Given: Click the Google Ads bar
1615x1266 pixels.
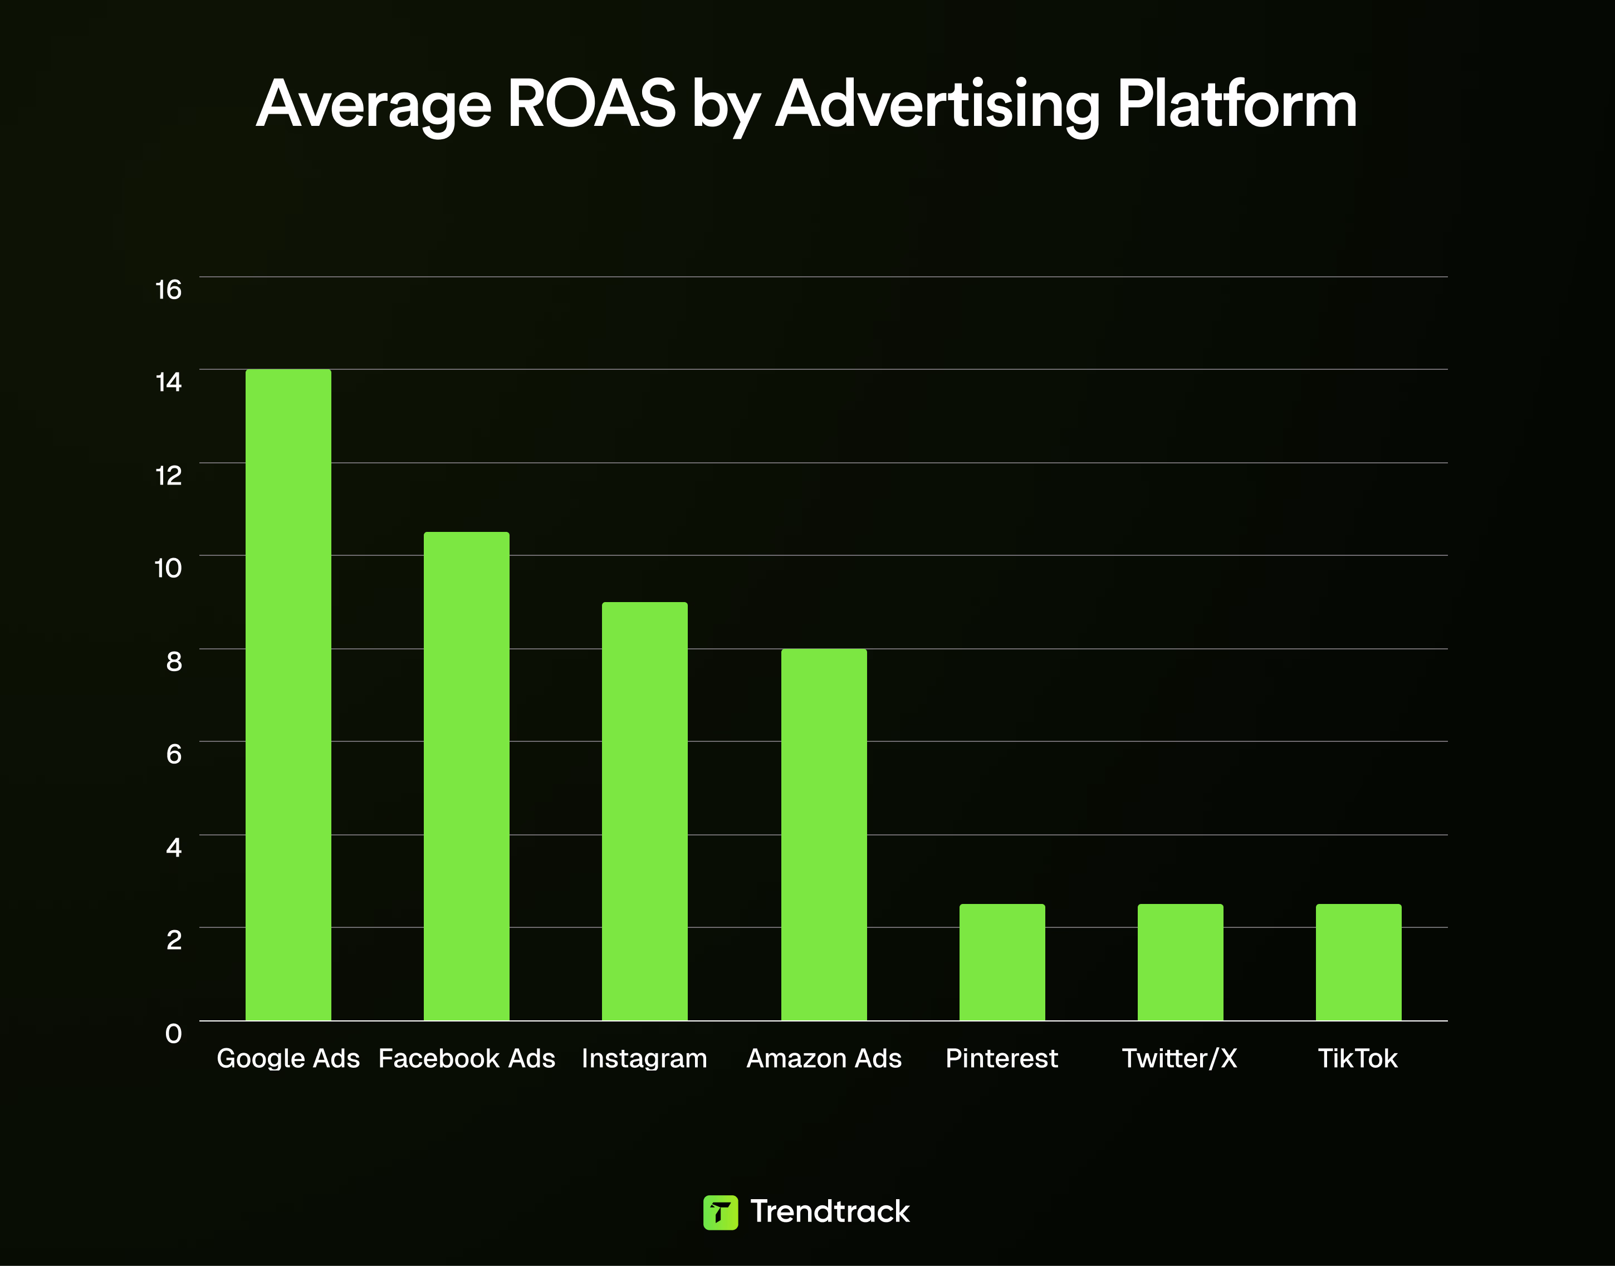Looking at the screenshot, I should pos(288,695).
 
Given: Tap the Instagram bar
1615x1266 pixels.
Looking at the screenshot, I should pos(644,811).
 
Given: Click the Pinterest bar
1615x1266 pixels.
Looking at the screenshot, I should pos(1002,961).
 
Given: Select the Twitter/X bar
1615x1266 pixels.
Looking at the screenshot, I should pos(1180,961).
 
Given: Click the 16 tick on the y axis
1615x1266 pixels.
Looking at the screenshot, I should pos(168,290).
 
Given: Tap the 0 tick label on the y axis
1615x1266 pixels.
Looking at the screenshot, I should pos(173,1033).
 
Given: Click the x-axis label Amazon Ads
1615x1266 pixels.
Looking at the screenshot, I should pos(824,1058).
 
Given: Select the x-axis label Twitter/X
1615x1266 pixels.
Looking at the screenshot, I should pos(1179,1058).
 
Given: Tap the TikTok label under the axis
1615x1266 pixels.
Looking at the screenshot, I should pos(1357,1058).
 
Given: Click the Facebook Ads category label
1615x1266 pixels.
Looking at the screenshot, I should pos(466,1058).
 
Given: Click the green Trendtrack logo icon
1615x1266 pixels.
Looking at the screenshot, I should pos(720,1213).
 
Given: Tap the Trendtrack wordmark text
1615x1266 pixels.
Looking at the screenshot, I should pos(829,1211).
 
